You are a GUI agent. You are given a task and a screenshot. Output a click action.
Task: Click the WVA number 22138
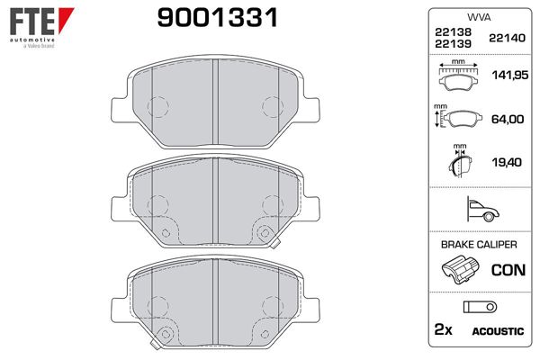coord(452,31)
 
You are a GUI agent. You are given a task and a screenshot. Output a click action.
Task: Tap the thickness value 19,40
coord(508,163)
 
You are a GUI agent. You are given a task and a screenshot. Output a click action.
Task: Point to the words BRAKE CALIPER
coord(478,244)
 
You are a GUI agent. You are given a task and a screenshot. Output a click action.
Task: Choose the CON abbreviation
coord(507,269)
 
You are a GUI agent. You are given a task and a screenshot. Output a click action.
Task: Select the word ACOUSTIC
coord(498,331)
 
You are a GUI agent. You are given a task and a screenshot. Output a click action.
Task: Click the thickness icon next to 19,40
coord(461,162)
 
